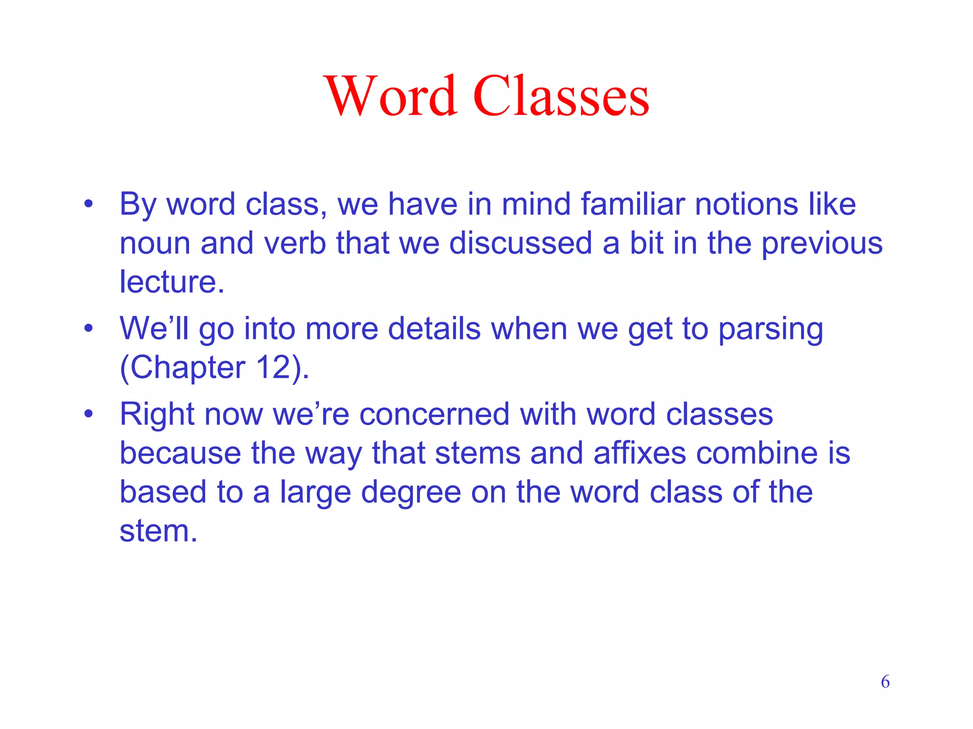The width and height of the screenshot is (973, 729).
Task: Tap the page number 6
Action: click(885, 682)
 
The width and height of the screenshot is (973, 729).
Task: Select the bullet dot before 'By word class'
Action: click(88, 205)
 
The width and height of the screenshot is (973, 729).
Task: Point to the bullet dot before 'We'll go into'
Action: click(88, 328)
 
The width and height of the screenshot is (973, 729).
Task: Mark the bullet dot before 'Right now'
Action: click(88, 414)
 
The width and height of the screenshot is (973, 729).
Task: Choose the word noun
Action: click(154, 243)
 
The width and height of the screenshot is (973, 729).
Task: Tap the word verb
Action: click(295, 243)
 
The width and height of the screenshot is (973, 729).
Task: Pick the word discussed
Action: click(520, 243)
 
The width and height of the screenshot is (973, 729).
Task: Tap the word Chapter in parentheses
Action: click(188, 368)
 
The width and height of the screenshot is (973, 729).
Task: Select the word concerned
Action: click(434, 414)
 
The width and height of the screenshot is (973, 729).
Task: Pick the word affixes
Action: click(639, 453)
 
